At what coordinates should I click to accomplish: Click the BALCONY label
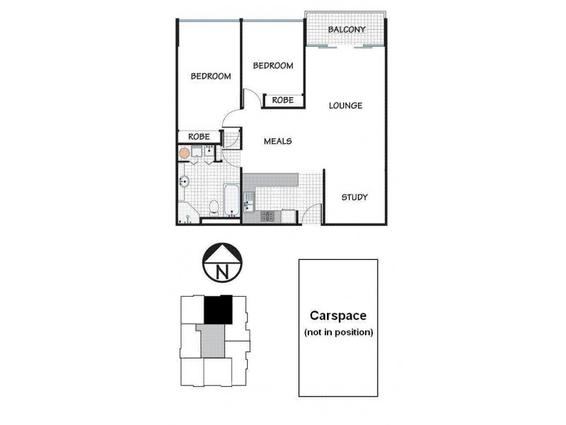[347, 30]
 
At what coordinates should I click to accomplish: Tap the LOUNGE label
[345, 106]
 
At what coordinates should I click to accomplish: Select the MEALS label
[277, 141]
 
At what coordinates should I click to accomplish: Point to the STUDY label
[354, 197]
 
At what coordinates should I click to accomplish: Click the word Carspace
[337, 316]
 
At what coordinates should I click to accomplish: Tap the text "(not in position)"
[337, 331]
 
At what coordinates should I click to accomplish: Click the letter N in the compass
[222, 271]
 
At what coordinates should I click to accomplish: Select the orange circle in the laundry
[185, 152]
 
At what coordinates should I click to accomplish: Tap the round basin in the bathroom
[183, 181]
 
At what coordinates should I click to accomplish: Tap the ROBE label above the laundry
[198, 137]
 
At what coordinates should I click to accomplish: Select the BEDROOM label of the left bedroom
[211, 76]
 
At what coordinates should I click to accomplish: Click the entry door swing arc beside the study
[313, 211]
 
